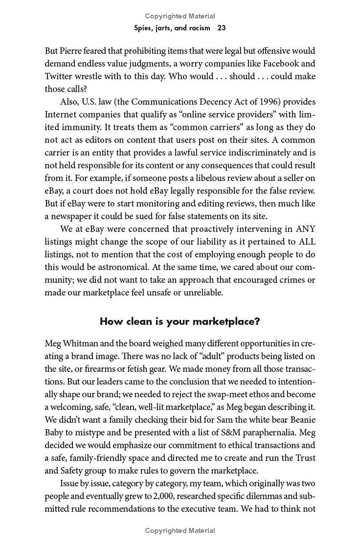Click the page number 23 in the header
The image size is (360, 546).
click(x=221, y=28)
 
